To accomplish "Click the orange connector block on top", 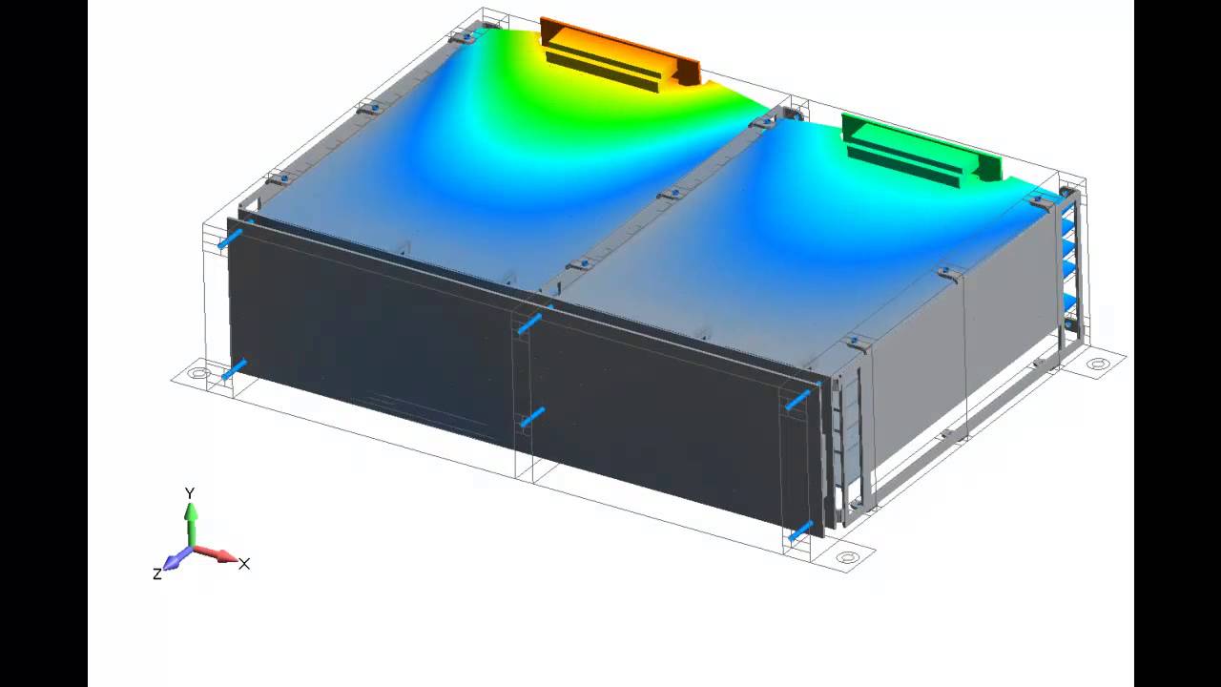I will coord(620,52).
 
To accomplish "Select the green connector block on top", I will coord(921,148).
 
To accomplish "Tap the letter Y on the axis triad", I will coord(190,493).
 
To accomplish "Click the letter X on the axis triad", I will coord(244,564).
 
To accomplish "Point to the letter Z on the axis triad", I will coord(157,573).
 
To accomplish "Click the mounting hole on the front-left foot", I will coord(198,373).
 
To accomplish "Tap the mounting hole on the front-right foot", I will coord(846,557).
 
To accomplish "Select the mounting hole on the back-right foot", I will coord(1098,364).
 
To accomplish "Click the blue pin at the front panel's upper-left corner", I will coord(230,239).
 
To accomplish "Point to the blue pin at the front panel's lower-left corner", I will coord(234,369).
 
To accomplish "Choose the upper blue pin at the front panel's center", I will coord(530,324).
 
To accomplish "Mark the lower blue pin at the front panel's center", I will coord(531,417).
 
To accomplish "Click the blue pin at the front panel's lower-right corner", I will coord(800,531).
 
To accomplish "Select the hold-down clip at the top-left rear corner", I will coord(465,36).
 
